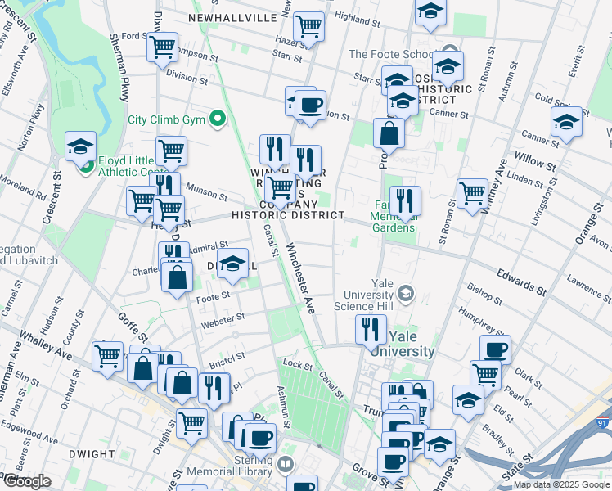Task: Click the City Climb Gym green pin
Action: click(217, 119)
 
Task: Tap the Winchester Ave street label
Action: click(299, 279)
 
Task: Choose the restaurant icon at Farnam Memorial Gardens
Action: click(405, 200)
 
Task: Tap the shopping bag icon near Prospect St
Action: click(389, 133)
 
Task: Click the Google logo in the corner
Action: click(27, 481)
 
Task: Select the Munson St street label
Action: click(208, 191)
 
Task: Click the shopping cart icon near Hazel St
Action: click(308, 27)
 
